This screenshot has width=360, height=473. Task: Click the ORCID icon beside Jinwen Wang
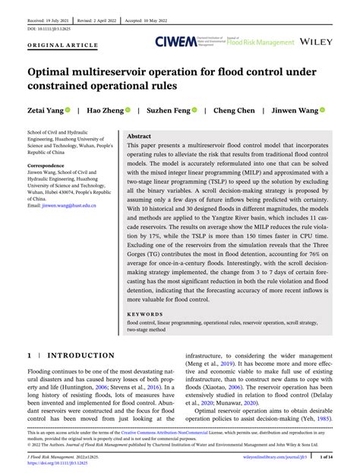tap(323, 110)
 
